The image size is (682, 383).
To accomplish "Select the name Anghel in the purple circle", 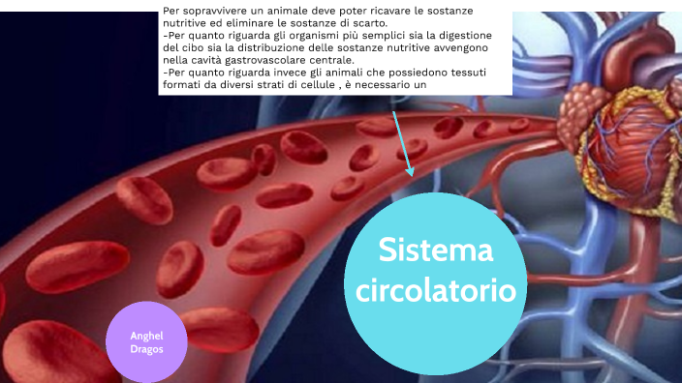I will click(x=146, y=335).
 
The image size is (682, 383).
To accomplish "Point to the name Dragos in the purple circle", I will click(x=146, y=348).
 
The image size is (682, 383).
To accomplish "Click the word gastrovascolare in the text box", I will click(x=257, y=59).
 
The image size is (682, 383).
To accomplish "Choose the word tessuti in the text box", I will click(x=467, y=72).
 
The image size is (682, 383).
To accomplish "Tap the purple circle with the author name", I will click(x=146, y=341).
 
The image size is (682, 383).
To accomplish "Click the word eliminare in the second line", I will click(x=253, y=22).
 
